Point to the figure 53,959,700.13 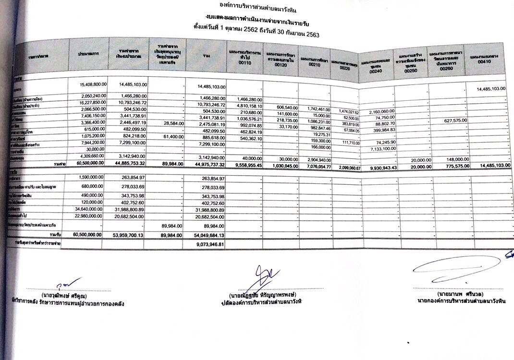(x=128, y=235)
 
